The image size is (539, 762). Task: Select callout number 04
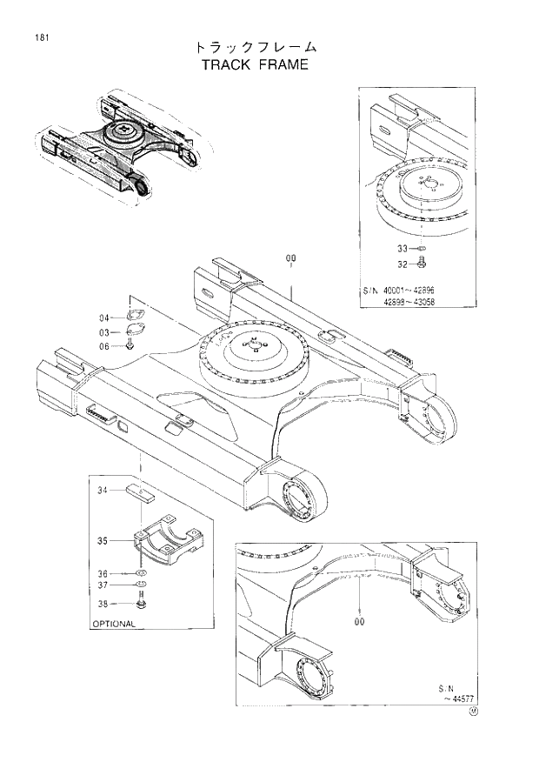(x=103, y=317)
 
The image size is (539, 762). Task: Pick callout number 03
(x=103, y=332)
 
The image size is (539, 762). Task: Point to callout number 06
(x=103, y=346)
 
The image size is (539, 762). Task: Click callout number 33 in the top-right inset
(x=403, y=249)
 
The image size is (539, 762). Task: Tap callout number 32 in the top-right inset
(x=403, y=264)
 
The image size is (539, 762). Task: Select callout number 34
(x=103, y=491)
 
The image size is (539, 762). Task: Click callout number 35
(x=103, y=541)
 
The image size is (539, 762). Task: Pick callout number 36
(x=103, y=573)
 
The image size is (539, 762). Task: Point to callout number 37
(x=103, y=588)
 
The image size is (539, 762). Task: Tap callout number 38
(x=103, y=604)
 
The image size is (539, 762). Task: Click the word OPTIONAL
(x=113, y=624)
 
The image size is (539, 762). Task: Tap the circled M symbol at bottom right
(x=474, y=711)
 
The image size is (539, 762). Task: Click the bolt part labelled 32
(x=422, y=262)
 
